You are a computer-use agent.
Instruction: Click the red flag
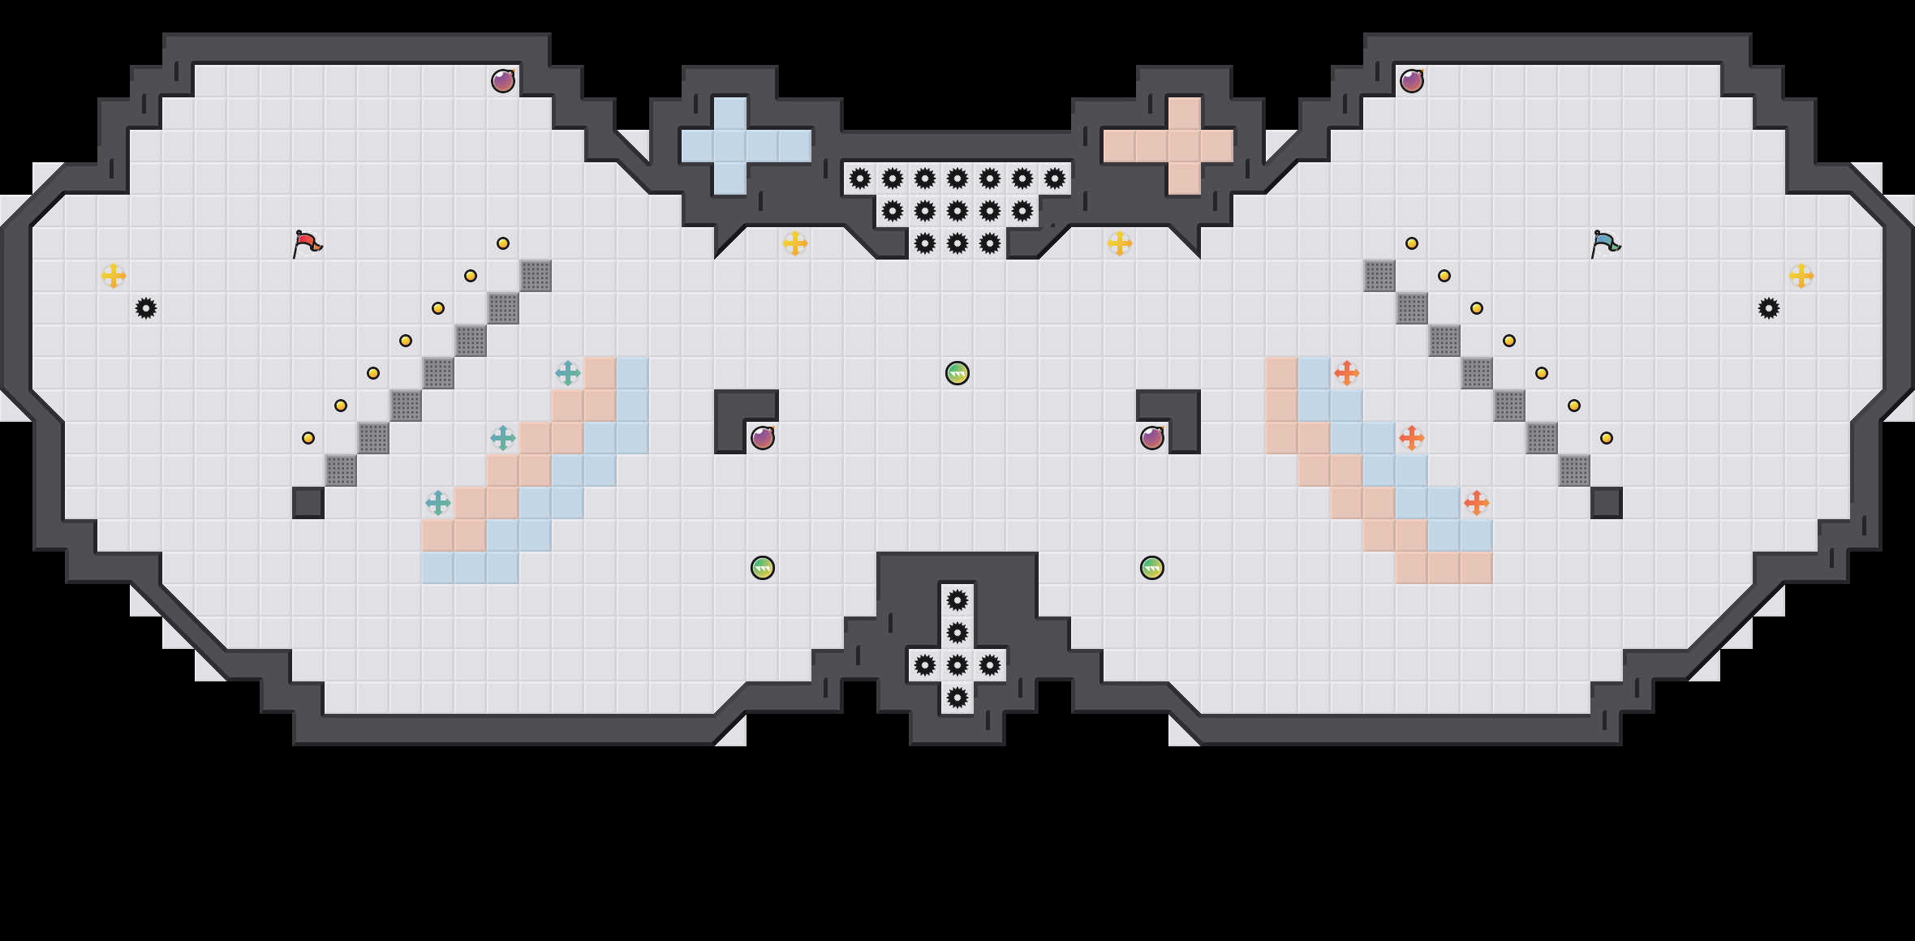click(307, 243)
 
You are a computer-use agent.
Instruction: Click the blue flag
click(1605, 243)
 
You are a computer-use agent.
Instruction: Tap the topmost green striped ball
click(957, 373)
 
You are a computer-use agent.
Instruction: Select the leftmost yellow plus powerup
click(114, 276)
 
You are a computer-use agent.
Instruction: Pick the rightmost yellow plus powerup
click(1801, 276)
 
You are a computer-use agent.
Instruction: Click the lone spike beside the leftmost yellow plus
click(146, 308)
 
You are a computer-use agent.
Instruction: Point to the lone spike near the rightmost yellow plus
click(1769, 308)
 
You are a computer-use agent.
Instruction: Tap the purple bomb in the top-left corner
click(503, 81)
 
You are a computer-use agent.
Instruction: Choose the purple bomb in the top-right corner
click(1412, 81)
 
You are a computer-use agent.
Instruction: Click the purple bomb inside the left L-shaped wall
click(763, 438)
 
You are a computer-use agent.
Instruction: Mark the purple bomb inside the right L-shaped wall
click(1152, 438)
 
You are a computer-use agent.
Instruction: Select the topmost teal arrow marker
click(568, 373)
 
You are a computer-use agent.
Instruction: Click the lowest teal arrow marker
click(438, 503)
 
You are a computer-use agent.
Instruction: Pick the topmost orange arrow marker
click(1347, 373)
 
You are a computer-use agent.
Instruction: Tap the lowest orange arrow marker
click(1477, 503)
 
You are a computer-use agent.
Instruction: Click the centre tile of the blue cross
click(730, 146)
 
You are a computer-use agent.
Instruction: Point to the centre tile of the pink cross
click(1185, 146)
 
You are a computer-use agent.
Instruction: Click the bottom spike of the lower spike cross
click(957, 698)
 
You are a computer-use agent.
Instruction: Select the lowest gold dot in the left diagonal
click(308, 438)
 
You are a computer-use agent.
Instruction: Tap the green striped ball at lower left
click(763, 568)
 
